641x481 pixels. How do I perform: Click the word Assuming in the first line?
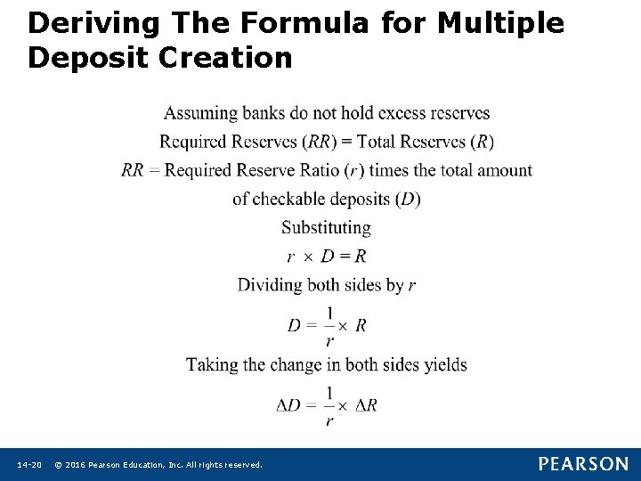tap(200, 113)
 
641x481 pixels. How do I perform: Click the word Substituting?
tap(326, 227)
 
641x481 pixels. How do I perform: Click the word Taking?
tap(212, 364)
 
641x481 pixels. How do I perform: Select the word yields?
tap(442, 364)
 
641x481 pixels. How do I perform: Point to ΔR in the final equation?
tap(366, 405)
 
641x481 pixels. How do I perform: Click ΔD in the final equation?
tap(288, 405)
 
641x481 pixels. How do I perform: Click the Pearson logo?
tap(582, 464)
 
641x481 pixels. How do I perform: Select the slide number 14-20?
tap(29, 465)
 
